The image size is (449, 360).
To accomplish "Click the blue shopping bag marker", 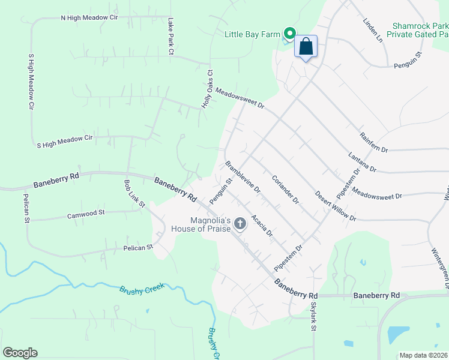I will (x=306, y=47).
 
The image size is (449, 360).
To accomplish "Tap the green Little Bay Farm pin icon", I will (x=289, y=34).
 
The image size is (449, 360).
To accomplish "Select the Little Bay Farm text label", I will (x=252, y=34).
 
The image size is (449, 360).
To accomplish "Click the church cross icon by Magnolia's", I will (x=240, y=224).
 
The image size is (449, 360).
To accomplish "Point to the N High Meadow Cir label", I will (x=89, y=18).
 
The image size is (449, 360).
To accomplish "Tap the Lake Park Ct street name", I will (x=170, y=37).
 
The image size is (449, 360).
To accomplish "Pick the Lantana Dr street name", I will (x=362, y=163).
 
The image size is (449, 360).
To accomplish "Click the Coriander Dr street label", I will (x=285, y=189).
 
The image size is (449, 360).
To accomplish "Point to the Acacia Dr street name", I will (x=262, y=225).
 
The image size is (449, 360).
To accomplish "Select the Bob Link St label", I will (x=134, y=193).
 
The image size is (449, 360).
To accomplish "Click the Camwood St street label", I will (x=86, y=213).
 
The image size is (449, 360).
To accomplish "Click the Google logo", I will (x=20, y=353).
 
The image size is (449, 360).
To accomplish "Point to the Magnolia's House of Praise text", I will (x=200, y=224).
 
